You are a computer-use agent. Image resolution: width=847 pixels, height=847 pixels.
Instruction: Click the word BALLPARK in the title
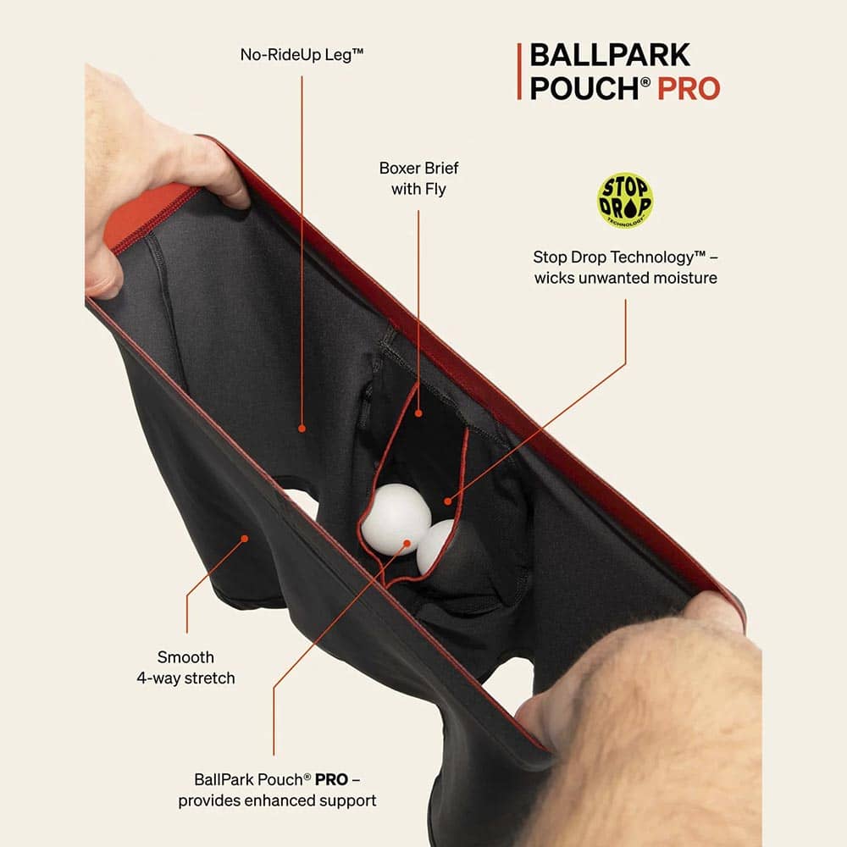point(610,54)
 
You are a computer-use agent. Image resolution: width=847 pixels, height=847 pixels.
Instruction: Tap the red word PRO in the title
point(689,89)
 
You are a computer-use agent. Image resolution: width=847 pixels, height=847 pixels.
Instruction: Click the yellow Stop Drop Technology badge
point(625,200)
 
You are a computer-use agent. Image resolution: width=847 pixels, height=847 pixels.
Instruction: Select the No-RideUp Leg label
point(302,54)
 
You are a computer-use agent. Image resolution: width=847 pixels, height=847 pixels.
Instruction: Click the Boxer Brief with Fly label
point(418,178)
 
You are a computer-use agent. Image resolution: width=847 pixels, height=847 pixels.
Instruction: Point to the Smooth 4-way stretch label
point(185,667)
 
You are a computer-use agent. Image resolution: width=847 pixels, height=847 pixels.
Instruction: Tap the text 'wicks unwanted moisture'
point(626,278)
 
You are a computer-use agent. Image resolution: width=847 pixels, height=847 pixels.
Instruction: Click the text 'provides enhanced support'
point(277,800)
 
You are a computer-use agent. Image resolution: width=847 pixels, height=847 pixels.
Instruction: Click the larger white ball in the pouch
point(396,518)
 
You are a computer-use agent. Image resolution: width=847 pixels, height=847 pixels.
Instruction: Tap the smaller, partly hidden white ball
point(435,545)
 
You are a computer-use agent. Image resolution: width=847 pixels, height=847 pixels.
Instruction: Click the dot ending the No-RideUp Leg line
point(302,429)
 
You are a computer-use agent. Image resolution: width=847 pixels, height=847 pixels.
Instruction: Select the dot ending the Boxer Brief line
point(418,413)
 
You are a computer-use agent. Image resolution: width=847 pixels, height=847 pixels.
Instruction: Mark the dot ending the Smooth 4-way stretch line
point(245,539)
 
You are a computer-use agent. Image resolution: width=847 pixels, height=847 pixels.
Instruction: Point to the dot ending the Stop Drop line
point(448,501)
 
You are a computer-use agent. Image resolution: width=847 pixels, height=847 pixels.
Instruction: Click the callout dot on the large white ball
point(407,544)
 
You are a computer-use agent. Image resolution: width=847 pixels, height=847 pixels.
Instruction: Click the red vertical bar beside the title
point(519,71)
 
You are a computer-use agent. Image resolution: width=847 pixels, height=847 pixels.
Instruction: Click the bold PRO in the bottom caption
point(331,779)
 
